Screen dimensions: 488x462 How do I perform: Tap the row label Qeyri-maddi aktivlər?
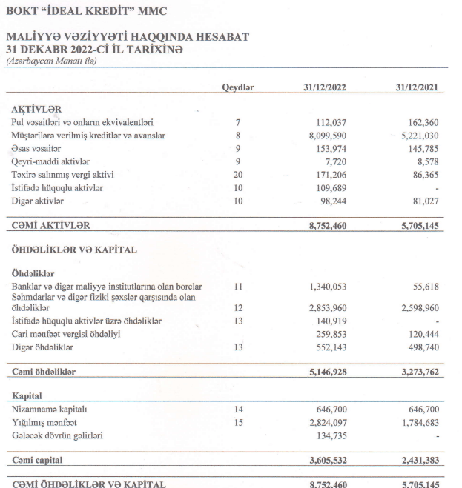(x=51, y=161)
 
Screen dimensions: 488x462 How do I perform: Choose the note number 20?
(x=238, y=175)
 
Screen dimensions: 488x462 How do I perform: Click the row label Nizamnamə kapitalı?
(x=50, y=408)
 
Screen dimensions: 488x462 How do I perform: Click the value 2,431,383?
(x=419, y=461)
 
